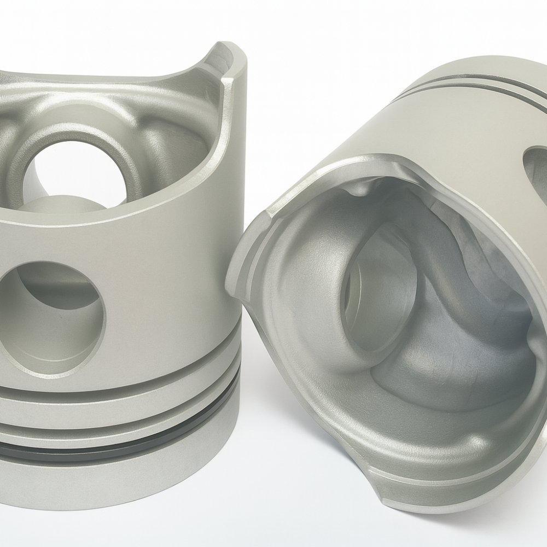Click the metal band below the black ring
109,481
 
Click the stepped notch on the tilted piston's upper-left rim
271,213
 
